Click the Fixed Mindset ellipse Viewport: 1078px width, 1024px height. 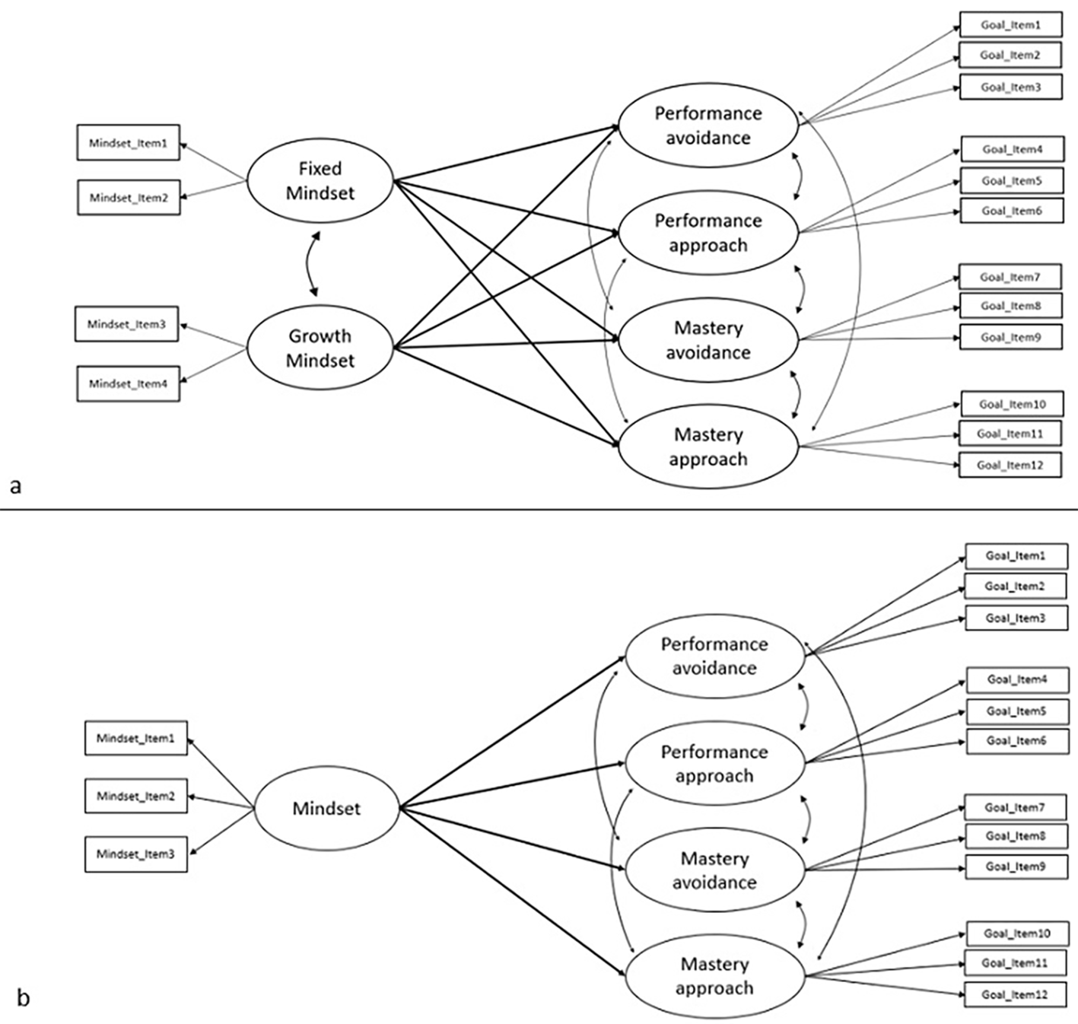tap(320, 180)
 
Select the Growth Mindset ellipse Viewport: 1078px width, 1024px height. tap(320, 348)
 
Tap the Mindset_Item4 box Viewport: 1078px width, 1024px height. tap(129, 384)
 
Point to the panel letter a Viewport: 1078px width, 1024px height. tap(15, 486)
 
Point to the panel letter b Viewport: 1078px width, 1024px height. tap(23, 997)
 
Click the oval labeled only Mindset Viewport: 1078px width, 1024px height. tap(327, 808)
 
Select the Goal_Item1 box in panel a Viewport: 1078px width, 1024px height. tap(1010, 25)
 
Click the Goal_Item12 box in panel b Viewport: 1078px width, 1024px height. tap(1016, 994)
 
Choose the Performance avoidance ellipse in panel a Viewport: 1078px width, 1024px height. tap(708, 126)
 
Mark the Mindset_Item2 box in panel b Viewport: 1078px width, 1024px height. tap(136, 796)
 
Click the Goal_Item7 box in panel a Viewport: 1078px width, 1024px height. tap(1010, 277)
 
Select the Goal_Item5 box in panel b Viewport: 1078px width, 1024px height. tap(1017, 711)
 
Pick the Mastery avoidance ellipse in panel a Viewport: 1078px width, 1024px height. tap(708, 340)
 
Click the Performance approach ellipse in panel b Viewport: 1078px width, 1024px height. tap(715, 764)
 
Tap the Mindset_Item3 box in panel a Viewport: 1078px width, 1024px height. tap(126, 324)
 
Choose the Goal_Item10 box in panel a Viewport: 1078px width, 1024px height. tap(1013, 404)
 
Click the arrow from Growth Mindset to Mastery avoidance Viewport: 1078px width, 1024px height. tap(507, 344)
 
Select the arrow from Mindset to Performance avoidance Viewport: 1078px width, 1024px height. tap(513, 732)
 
